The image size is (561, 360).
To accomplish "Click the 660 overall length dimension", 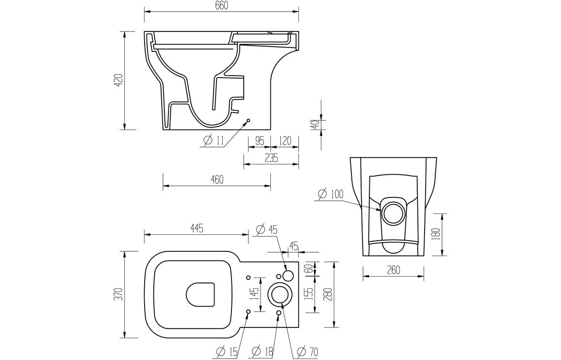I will point(221,5).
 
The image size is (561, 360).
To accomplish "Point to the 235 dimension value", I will point(270,158).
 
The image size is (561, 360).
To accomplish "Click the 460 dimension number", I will point(216,180).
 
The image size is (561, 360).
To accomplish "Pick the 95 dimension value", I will point(259,141).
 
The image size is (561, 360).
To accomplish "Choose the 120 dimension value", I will point(285,141).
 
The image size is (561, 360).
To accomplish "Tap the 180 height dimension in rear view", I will point(437,234).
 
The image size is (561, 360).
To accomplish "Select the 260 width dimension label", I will point(393,270).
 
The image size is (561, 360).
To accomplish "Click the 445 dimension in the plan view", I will point(196,228).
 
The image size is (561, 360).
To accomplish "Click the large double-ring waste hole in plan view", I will point(280,294).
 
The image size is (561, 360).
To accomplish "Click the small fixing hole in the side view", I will point(248,120).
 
